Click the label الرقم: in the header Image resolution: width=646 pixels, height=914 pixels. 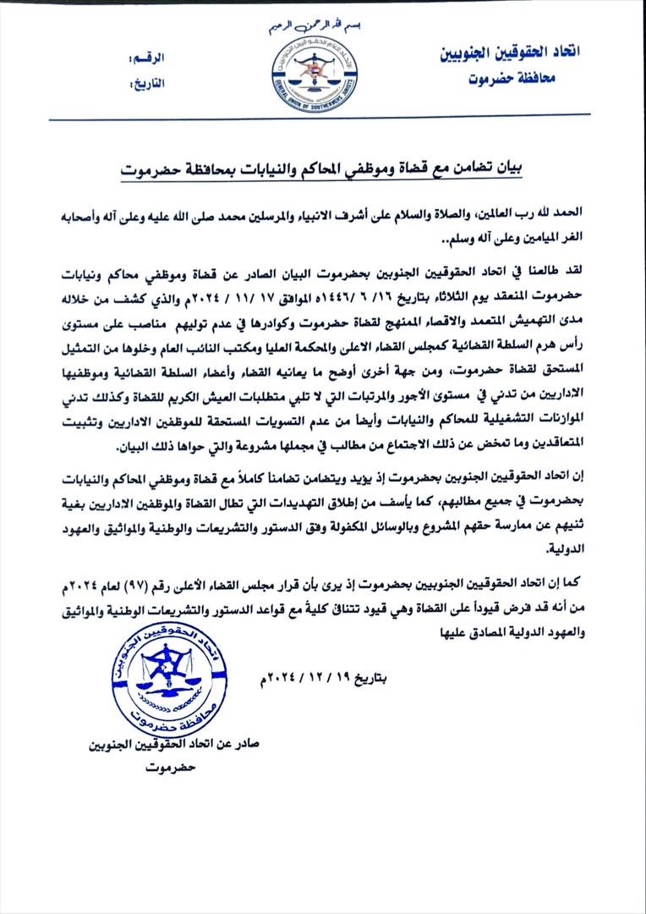point(145,59)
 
